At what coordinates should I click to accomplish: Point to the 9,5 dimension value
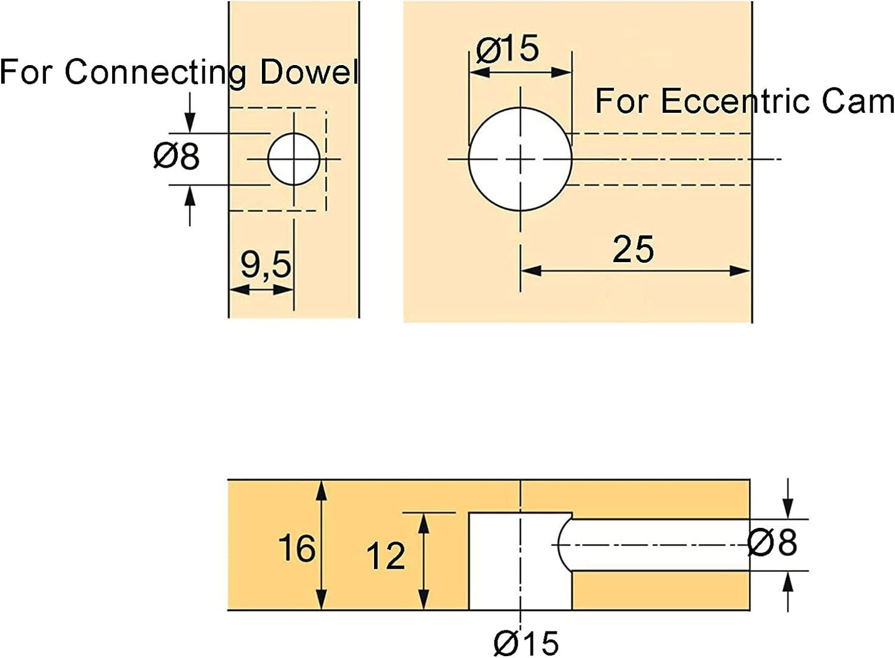266,265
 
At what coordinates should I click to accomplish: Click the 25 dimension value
633,249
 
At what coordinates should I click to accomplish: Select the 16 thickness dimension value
297,548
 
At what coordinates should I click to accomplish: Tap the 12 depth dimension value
386,556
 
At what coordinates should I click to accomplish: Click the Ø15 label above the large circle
507,48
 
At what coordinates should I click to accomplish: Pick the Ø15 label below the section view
526,643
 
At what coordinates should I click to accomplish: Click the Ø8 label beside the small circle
176,156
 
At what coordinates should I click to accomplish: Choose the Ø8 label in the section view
772,542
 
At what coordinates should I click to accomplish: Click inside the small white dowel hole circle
294,159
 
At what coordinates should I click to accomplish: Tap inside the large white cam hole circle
520,159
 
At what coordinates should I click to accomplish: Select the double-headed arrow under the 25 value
635,271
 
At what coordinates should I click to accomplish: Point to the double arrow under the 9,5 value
261,289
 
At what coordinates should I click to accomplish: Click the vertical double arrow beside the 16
321,545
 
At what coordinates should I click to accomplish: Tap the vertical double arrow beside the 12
424,561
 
